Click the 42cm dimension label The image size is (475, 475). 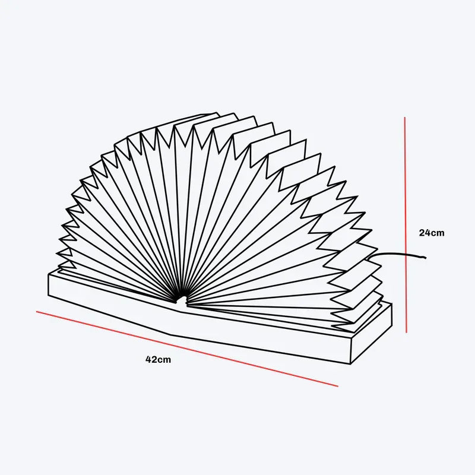tap(158, 360)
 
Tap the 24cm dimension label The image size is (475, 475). tap(432, 233)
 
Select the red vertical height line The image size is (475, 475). tap(406, 224)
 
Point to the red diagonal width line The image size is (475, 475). tap(187, 349)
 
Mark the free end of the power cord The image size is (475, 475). tap(426, 258)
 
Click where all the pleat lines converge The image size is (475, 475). tap(181, 300)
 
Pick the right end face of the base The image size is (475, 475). tap(372, 334)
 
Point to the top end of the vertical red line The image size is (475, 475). tap(405, 117)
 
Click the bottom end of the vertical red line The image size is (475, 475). tap(407, 332)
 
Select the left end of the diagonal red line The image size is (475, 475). tap(36, 311)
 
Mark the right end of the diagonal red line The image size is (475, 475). tap(338, 387)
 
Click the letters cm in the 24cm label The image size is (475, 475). tap(438, 233)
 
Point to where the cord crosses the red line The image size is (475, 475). tap(406, 254)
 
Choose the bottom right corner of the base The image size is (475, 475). tap(351, 364)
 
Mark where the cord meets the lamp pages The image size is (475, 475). tap(366, 259)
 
